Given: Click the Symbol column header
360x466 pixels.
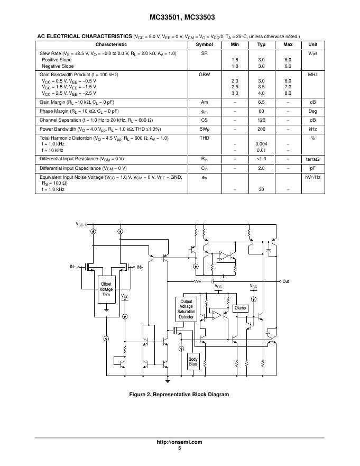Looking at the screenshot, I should [x=204, y=44].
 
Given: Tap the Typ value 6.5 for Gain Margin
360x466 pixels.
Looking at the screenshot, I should [x=261, y=102].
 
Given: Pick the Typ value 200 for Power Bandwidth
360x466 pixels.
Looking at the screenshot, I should [x=261, y=129].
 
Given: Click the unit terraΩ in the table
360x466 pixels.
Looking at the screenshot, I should [x=312, y=159].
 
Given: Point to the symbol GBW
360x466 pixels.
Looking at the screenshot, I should [x=204, y=75].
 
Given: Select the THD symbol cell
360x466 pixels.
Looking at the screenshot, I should [x=204, y=138].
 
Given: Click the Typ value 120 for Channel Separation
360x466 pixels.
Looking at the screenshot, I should [x=261, y=120].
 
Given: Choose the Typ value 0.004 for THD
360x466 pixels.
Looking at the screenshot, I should [x=261, y=144].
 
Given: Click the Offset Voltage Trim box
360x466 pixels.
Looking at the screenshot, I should [x=106, y=290].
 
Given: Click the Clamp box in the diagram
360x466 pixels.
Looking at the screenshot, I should [x=241, y=308].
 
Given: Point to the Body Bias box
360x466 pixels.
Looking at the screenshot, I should [x=193, y=362].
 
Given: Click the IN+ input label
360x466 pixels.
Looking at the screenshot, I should [x=140, y=268].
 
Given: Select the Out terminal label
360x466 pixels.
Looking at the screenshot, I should [x=285, y=281].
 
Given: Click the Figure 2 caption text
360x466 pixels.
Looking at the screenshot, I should [x=180, y=395].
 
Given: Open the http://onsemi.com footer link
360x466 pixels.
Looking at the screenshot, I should [x=180, y=442].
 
